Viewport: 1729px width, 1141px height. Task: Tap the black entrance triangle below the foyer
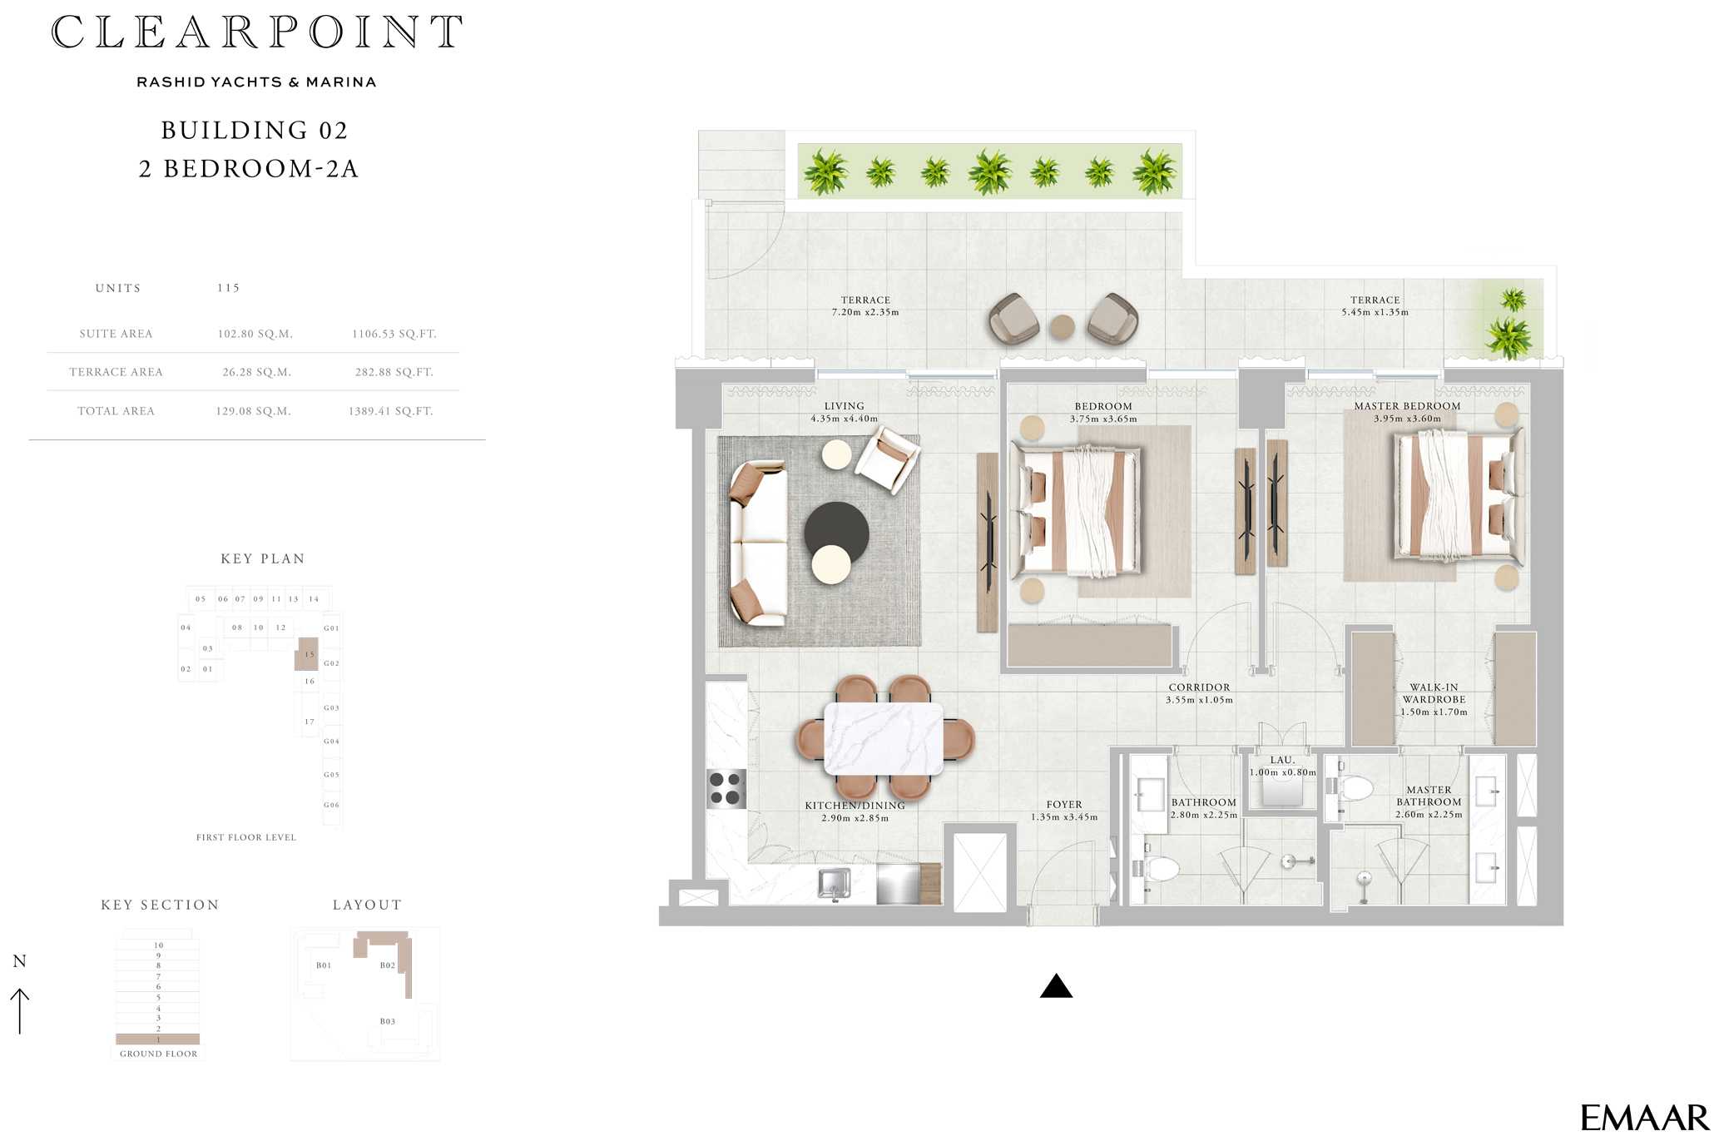click(1056, 986)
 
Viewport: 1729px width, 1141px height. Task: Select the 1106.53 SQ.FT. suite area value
click(394, 334)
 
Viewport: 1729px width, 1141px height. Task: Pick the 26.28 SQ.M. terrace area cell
click(256, 372)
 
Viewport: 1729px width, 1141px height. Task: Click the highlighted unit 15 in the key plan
click(307, 655)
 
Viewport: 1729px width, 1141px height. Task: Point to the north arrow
click(19, 1011)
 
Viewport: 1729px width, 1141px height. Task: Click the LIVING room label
click(844, 406)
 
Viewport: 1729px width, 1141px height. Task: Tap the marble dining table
click(884, 738)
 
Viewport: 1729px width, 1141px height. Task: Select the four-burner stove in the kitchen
click(725, 789)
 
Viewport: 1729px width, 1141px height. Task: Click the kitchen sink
click(835, 884)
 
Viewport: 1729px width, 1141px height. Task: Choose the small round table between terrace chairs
click(1062, 327)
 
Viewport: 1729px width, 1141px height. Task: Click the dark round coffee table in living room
click(836, 533)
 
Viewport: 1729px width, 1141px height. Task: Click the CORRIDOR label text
click(1199, 687)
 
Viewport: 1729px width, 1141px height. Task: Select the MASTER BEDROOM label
click(1407, 406)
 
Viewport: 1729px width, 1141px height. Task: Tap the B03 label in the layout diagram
click(388, 1021)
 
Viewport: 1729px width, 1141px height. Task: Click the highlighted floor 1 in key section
click(158, 1039)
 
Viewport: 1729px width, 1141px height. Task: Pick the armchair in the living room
click(887, 458)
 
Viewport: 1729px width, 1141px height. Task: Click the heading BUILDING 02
click(255, 131)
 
